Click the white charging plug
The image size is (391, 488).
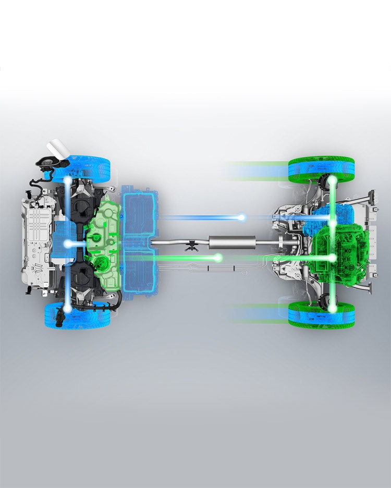click(57, 148)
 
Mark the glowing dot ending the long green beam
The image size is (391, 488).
click(218, 258)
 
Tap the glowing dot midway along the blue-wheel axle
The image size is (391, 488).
click(68, 243)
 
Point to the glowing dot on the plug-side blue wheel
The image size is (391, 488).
click(68, 180)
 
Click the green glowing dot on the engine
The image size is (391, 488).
click(332, 258)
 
